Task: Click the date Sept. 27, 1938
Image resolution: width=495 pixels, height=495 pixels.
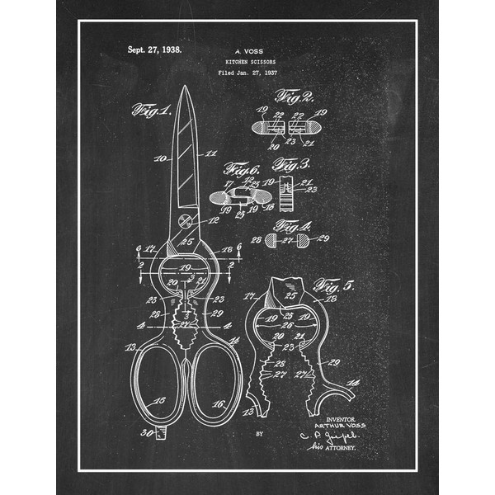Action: tap(154, 49)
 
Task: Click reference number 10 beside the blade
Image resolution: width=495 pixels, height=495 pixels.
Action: tap(160, 156)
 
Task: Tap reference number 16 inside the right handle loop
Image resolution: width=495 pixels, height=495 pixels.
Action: tap(219, 403)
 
